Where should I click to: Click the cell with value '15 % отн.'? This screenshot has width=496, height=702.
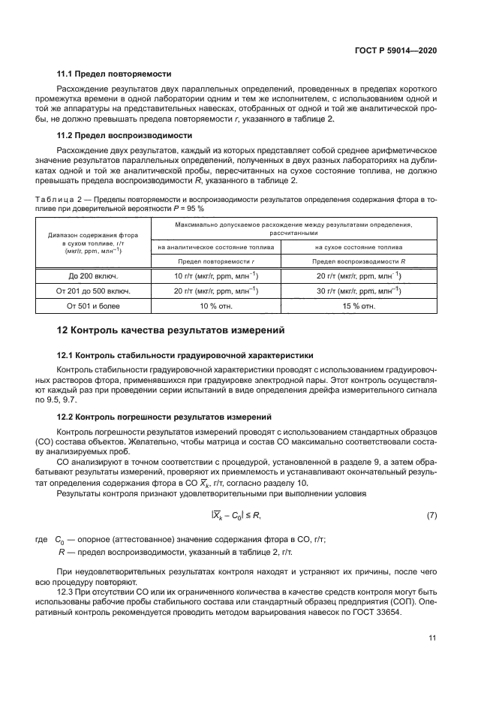coord(356,306)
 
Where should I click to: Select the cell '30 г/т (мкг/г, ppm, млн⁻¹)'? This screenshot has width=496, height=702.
coord(356,291)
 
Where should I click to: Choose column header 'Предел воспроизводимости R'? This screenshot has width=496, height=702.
coord(356,261)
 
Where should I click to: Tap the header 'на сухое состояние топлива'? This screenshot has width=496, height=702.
coord(356,246)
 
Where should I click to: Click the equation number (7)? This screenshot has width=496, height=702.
coord(431,515)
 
